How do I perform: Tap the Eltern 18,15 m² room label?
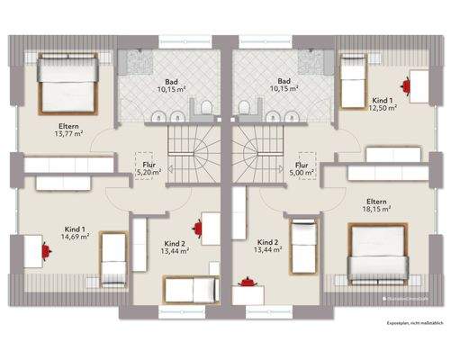click(x=377, y=204)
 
